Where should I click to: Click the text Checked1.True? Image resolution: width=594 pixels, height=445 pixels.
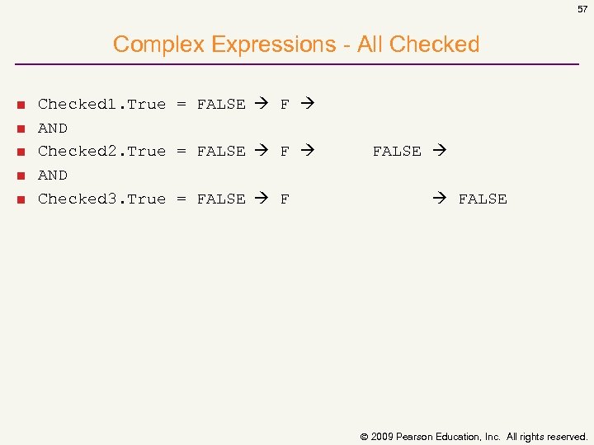pyautogui.click(x=101, y=104)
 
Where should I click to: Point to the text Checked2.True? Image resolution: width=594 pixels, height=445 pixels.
pyautogui.click(x=101, y=151)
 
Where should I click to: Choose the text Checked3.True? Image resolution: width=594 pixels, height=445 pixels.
pyautogui.click(x=101, y=199)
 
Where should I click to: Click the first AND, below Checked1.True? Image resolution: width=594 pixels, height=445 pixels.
pyautogui.click(x=53, y=128)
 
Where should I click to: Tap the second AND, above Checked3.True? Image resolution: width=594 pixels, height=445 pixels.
pyautogui.click(x=53, y=175)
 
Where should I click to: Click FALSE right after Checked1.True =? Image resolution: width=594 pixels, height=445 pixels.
pyautogui.click(x=221, y=104)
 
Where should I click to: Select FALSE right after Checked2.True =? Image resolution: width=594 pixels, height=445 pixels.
pyautogui.click(x=221, y=151)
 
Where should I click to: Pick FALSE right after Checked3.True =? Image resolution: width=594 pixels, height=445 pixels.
pyautogui.click(x=221, y=199)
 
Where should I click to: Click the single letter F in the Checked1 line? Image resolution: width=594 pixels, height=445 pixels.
pyautogui.click(x=285, y=104)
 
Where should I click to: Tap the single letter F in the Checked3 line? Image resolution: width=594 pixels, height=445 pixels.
pyautogui.click(x=285, y=199)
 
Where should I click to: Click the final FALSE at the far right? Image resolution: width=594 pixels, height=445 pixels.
pyautogui.click(x=483, y=199)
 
